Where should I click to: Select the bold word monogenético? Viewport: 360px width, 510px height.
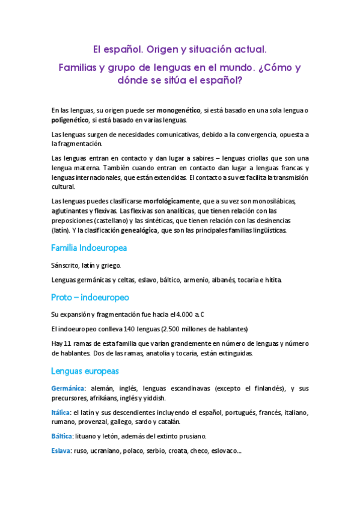[x=178, y=111]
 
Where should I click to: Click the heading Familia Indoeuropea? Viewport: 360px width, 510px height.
[x=89, y=248]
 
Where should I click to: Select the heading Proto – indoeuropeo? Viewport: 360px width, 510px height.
[x=90, y=297]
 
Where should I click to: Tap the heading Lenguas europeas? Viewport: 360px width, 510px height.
[x=85, y=370]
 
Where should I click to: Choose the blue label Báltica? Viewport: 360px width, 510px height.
[x=63, y=436]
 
